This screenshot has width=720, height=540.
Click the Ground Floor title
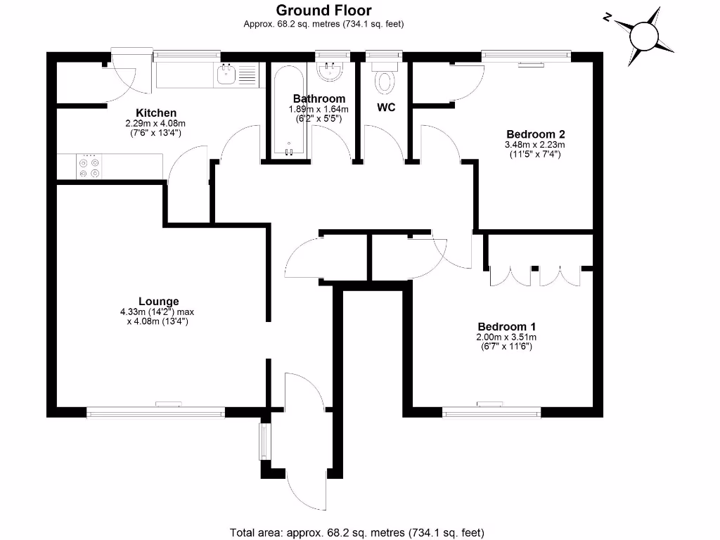pyautogui.click(x=323, y=10)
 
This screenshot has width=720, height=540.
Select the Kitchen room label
pyautogui.click(x=156, y=112)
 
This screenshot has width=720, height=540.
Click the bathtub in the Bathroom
pyautogui.click(x=288, y=112)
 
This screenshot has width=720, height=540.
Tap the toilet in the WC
pyautogui.click(x=385, y=79)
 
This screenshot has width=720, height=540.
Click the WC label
pyautogui.click(x=386, y=108)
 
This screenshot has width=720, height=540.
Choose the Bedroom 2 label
pyautogui.click(x=536, y=134)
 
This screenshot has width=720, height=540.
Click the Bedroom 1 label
pyautogui.click(x=507, y=326)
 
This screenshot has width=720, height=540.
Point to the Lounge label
pyautogui.click(x=159, y=301)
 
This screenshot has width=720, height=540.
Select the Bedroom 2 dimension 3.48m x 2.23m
pyautogui.click(x=536, y=144)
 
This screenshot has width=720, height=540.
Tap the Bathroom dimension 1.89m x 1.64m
pyautogui.click(x=319, y=109)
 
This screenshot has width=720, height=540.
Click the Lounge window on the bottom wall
pyautogui.click(x=156, y=413)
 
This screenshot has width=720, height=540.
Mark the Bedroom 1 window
pyautogui.click(x=491, y=413)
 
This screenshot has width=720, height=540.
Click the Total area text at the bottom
pyautogui.click(x=357, y=532)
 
